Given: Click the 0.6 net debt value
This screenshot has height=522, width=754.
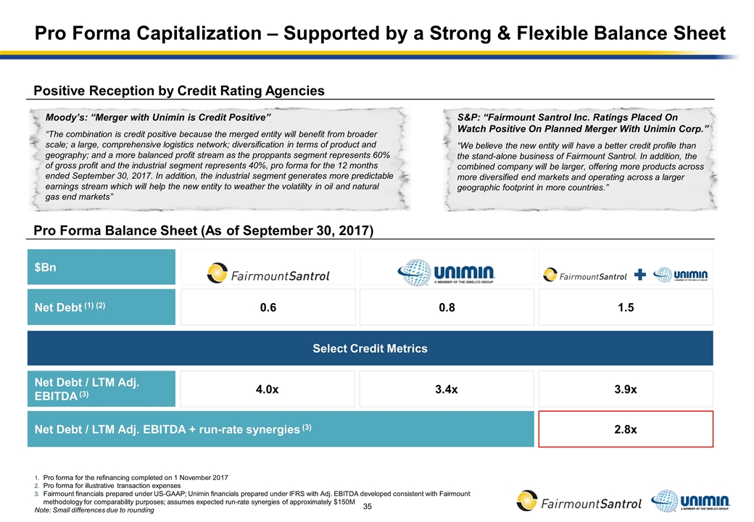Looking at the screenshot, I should (x=268, y=307).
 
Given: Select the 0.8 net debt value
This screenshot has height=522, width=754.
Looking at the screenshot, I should (x=447, y=307).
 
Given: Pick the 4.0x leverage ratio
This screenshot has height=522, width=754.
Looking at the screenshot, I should (x=268, y=389).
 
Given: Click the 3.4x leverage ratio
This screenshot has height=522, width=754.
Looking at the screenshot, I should (x=447, y=389).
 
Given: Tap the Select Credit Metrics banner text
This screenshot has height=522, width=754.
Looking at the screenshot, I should (x=370, y=349).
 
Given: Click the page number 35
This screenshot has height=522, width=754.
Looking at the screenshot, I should (x=367, y=505).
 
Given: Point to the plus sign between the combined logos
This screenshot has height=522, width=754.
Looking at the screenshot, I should (x=639, y=274).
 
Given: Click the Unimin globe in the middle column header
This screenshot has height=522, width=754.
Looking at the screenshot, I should (x=414, y=273).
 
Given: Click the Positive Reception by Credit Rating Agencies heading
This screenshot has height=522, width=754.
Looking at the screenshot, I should (x=179, y=91).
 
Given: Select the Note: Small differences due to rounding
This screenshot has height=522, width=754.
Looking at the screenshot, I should (x=94, y=510).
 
